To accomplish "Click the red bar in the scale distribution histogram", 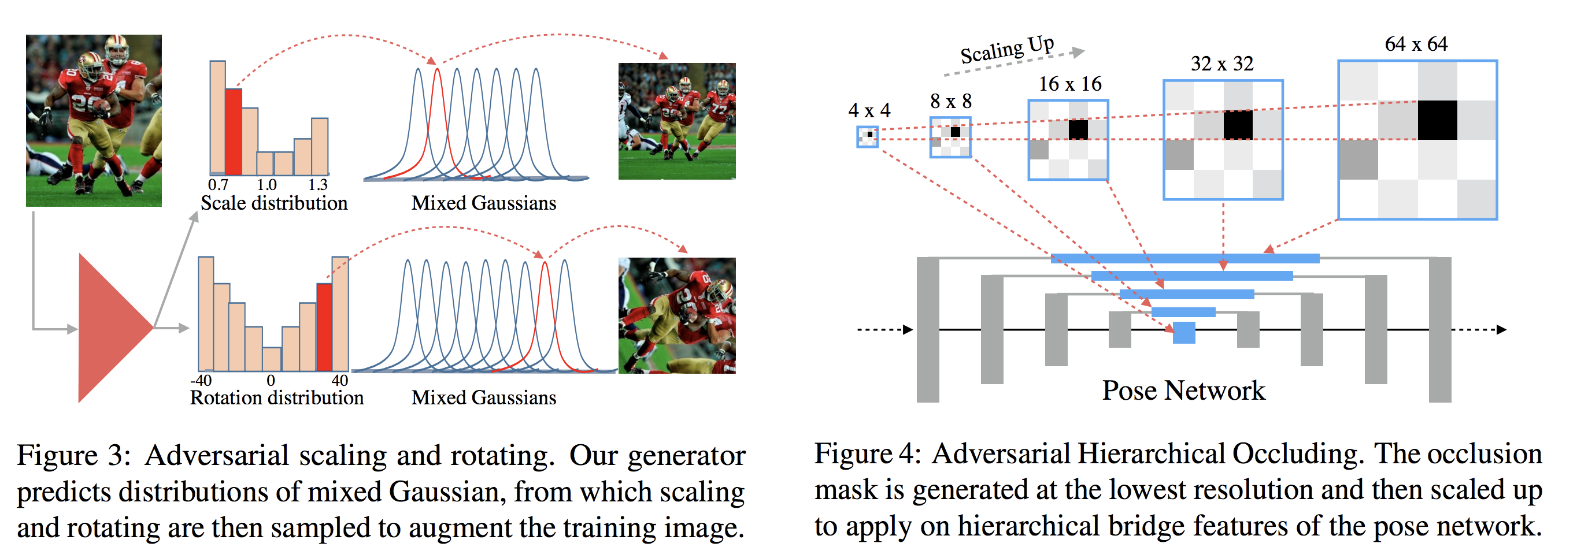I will pyautogui.click(x=233, y=132).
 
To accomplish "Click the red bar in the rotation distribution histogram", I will pyautogui.click(x=324, y=327).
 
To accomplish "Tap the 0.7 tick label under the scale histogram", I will pyautogui.click(x=218, y=185).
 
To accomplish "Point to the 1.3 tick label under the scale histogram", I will pyautogui.click(x=318, y=185).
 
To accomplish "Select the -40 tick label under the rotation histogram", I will pyautogui.click(x=201, y=380).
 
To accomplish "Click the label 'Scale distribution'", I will pyautogui.click(x=273, y=203).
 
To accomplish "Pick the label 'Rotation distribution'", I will pyautogui.click(x=277, y=397).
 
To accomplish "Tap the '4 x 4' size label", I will pyautogui.click(x=869, y=111).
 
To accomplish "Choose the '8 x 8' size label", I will pyautogui.click(x=950, y=102).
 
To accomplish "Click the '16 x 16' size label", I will pyautogui.click(x=1069, y=84).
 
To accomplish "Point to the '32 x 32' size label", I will pyautogui.click(x=1222, y=64).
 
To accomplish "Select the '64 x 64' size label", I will pyautogui.click(x=1415, y=44).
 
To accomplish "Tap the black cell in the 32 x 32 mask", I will pyautogui.click(x=1238, y=125).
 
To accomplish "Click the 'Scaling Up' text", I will pyautogui.click(x=1006, y=50).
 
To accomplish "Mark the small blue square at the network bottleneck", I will pyautogui.click(x=1184, y=333).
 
